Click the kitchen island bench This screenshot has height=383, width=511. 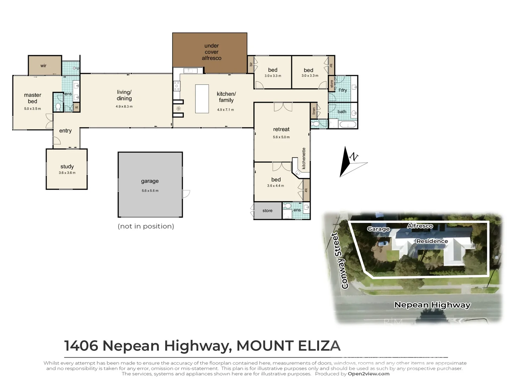point(202,99)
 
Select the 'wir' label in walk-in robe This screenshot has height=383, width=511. point(43,66)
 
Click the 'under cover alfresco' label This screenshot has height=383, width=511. point(211,52)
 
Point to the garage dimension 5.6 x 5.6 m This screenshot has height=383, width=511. point(150,191)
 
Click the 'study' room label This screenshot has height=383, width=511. point(67,166)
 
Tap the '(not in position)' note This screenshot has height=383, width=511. point(146,226)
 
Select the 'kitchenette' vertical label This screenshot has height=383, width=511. point(304,159)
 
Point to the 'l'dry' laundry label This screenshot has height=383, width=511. point(342,90)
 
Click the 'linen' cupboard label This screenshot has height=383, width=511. point(314,111)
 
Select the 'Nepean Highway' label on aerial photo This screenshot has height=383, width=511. point(432,305)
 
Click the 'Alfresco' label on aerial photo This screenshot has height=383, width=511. point(420,226)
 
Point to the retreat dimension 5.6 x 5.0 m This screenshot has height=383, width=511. point(281,137)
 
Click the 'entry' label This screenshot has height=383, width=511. point(65,131)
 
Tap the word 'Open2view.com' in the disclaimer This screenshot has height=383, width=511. point(368,374)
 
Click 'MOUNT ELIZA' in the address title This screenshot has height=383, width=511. point(288,346)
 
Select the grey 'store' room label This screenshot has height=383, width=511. point(267,211)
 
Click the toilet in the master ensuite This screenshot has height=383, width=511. point(58,106)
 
